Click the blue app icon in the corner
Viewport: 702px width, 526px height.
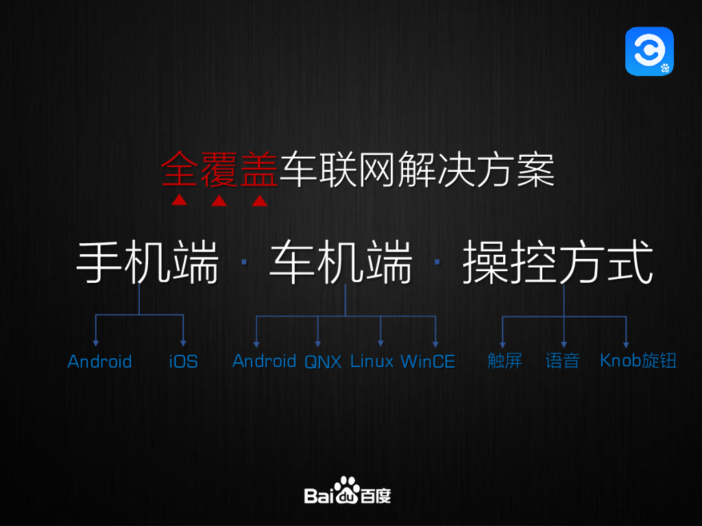pyautogui.click(x=649, y=51)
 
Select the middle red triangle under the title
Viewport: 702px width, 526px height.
pyautogui.click(x=219, y=201)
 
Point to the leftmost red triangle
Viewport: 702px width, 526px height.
pyautogui.click(x=179, y=201)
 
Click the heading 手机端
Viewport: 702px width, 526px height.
pyautogui.click(x=147, y=262)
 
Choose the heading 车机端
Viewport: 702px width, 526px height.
pyautogui.click(x=341, y=262)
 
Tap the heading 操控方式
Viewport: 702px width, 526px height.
pyautogui.click(x=557, y=262)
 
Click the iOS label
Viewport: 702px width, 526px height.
pyautogui.click(x=183, y=361)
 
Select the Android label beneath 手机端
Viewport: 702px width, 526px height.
pyautogui.click(x=99, y=361)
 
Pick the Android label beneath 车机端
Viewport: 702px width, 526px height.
pyautogui.click(x=264, y=361)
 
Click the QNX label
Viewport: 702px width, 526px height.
pyautogui.click(x=323, y=362)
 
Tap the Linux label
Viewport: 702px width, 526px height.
pyautogui.click(x=372, y=361)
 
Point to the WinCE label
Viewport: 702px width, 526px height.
pyautogui.click(x=428, y=361)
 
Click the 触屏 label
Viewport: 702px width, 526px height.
pyautogui.click(x=505, y=361)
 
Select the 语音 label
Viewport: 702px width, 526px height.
pyautogui.click(x=563, y=361)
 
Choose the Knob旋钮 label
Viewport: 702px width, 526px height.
pyautogui.click(x=638, y=360)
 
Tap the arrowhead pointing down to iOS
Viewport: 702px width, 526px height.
pyautogui.click(x=183, y=342)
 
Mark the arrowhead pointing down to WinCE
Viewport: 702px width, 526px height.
pyautogui.click(x=435, y=342)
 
